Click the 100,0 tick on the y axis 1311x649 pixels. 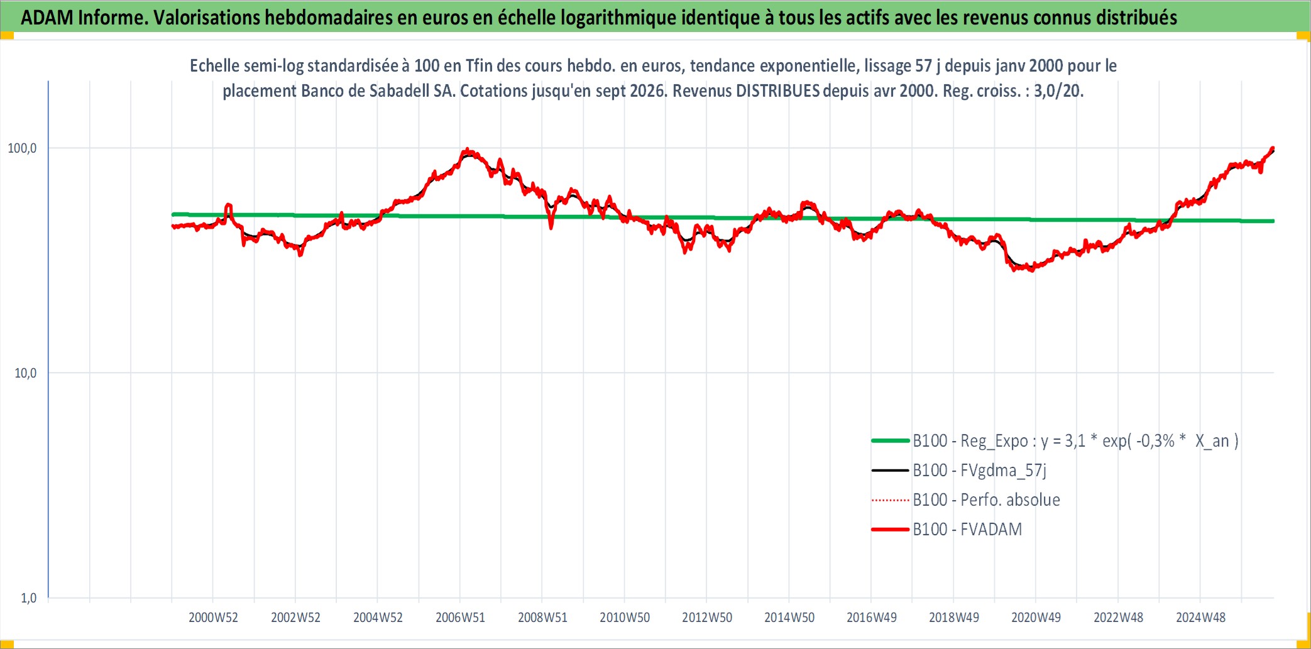[x=22, y=148]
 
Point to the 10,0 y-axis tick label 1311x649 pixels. [x=25, y=373]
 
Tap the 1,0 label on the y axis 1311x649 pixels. [x=29, y=598]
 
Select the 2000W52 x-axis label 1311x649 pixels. [x=213, y=618]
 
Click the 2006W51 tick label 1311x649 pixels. [x=460, y=618]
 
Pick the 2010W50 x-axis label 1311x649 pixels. [x=625, y=618]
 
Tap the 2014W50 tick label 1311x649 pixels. [x=789, y=618]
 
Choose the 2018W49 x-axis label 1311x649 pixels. [x=954, y=618]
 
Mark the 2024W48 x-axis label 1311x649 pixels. [x=1200, y=618]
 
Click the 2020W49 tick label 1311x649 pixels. [x=1036, y=618]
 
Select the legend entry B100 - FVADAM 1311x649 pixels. [x=946, y=530]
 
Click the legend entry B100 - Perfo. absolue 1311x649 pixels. [x=965, y=500]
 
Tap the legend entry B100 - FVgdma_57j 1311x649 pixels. [x=959, y=471]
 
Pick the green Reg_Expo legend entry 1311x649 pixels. [x=1055, y=441]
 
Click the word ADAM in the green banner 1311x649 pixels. [x=47, y=18]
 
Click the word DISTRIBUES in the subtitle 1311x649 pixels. [x=777, y=91]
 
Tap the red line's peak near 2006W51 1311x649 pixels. [x=466, y=150]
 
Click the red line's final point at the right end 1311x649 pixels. [x=1273, y=149]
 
